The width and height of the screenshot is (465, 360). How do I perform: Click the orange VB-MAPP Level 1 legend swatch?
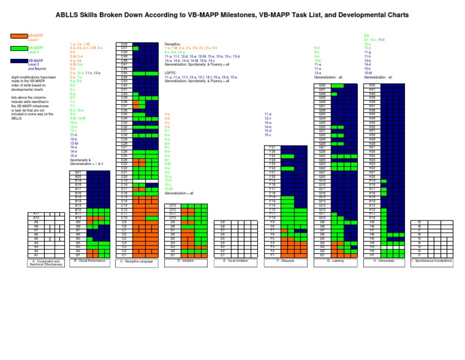point(19,36)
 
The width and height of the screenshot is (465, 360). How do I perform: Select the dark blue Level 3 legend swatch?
point(19,61)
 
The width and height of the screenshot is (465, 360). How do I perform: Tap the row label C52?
point(124,44)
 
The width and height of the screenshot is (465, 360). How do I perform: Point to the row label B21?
point(78,173)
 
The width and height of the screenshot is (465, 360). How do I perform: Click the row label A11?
point(36,213)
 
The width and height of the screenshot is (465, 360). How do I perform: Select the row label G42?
point(322,86)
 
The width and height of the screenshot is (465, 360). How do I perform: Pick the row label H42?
point(372,86)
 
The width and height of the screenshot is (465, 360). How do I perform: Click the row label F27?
point(272,148)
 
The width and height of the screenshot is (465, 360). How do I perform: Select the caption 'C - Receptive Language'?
point(139,261)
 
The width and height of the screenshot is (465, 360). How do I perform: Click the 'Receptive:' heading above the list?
point(173,44)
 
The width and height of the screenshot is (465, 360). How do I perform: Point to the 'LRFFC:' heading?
point(171,73)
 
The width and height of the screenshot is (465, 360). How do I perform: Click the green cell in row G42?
point(337,86)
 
